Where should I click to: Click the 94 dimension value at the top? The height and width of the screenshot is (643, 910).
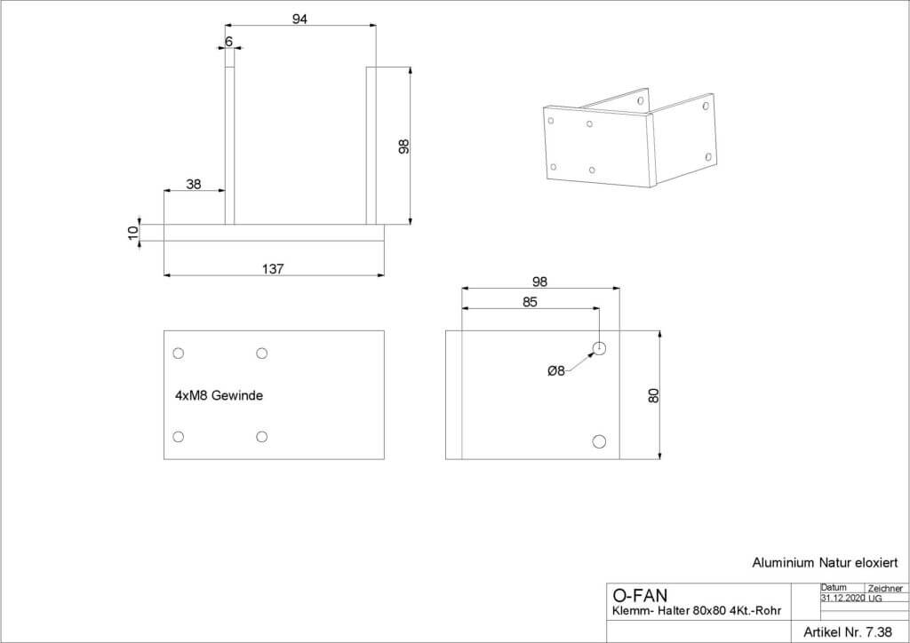299,20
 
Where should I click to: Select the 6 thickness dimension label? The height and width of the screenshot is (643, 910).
228,42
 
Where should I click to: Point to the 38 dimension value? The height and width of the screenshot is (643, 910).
193,184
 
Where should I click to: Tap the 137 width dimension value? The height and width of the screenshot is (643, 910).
274,269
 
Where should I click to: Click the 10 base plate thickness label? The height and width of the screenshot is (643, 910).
133,232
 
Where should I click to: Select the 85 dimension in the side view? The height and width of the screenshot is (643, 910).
530,302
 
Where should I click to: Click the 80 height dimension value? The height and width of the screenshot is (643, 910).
653,395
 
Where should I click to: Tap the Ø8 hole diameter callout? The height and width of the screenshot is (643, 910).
556,370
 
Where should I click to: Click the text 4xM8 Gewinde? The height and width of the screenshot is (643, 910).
219,396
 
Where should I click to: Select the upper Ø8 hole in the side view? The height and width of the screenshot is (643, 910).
600,348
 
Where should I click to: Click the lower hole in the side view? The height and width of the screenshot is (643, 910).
600,441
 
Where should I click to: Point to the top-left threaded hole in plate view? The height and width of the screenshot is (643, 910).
179,353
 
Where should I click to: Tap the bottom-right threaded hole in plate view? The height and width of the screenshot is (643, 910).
262,436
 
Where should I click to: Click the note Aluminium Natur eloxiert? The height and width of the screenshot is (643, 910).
826,562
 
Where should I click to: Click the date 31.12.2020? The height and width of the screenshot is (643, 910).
842,599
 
